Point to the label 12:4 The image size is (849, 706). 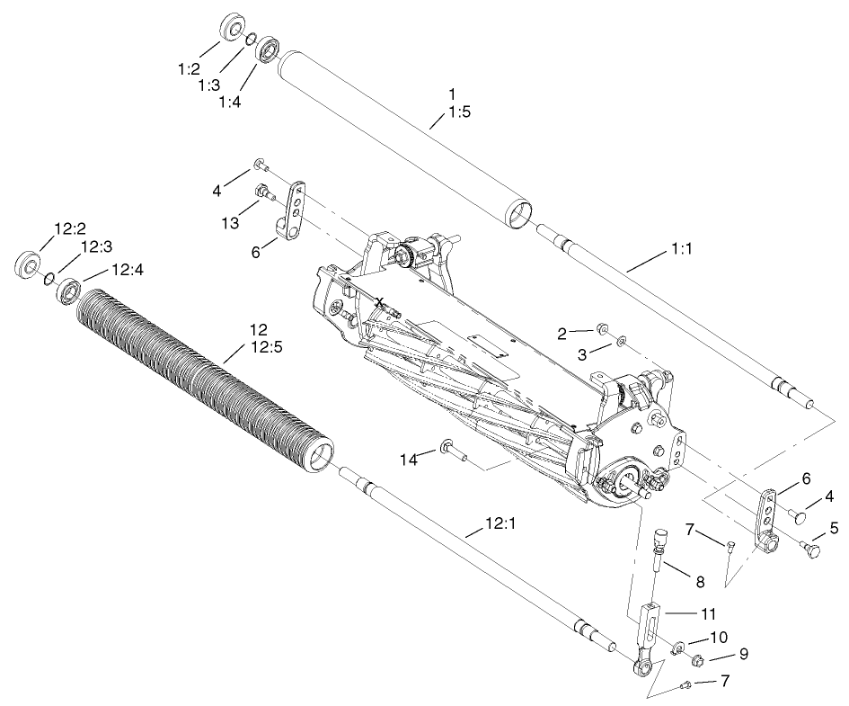tap(127, 269)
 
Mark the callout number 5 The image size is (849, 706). tap(834, 528)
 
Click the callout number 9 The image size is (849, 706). tap(742, 654)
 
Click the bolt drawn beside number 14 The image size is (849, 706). tap(452, 449)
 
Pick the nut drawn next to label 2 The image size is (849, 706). tap(603, 332)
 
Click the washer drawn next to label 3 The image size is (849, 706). tap(620, 343)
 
